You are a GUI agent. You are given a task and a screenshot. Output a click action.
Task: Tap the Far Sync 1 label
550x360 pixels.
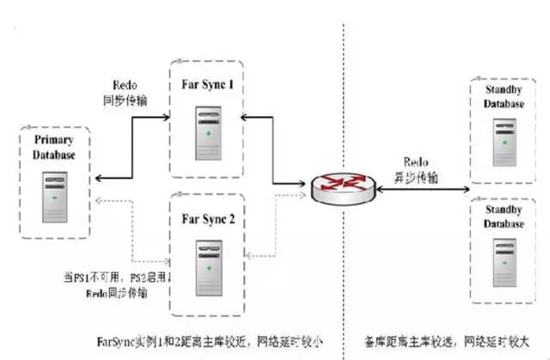[208, 88]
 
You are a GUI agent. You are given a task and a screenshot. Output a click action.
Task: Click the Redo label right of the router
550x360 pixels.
[412, 162]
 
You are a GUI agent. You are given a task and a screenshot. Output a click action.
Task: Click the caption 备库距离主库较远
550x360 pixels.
[447, 341]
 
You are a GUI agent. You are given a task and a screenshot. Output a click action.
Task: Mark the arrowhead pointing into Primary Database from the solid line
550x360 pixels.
[99, 179]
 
